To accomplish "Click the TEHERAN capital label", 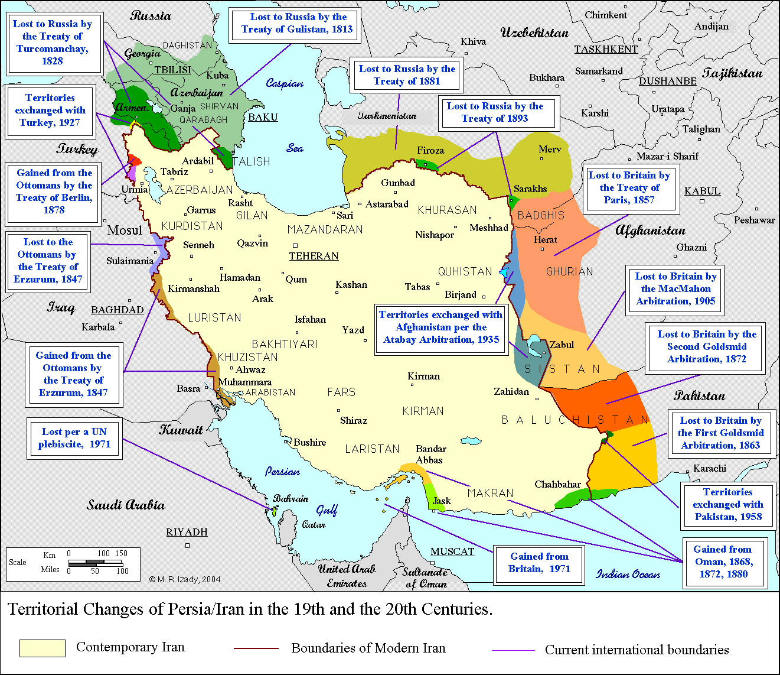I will click(314, 256).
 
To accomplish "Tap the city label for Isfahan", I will click(310, 319).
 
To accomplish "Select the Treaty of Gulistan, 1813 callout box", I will click(293, 24).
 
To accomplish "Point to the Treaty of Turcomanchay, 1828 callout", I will click(52, 43).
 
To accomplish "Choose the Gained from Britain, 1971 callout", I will click(539, 563).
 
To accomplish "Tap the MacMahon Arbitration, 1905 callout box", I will click(675, 288).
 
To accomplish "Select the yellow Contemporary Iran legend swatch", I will click(42, 648).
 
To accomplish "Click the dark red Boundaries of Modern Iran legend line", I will click(256, 648).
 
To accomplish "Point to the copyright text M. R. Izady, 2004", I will click(184, 579).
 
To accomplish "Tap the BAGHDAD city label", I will click(117, 310).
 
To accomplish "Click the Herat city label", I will click(545, 239).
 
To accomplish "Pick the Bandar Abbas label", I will click(430, 455).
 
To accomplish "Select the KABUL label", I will click(702, 191).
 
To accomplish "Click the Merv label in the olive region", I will click(550, 149).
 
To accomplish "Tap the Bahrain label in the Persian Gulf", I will click(291, 498).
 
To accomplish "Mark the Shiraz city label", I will click(353, 420).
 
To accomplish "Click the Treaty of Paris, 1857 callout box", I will click(629, 187).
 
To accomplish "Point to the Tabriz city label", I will click(174, 171).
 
